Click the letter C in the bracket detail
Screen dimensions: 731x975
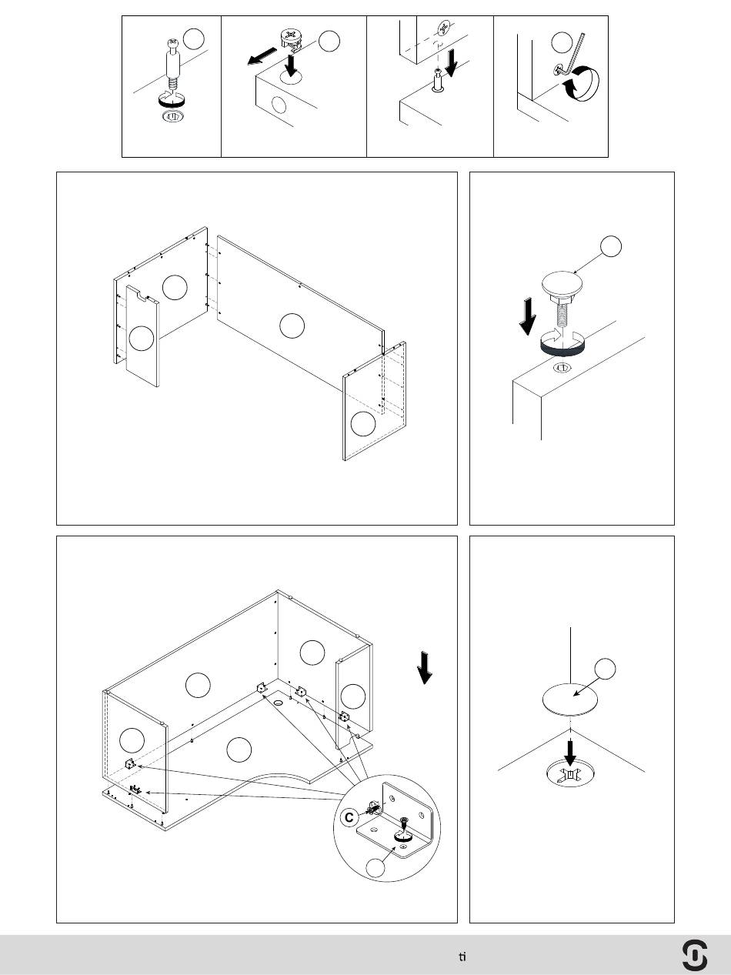pyautogui.click(x=349, y=818)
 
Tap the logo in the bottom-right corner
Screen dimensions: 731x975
pyautogui.click(x=695, y=954)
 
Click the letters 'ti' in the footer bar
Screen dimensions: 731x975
pyautogui.click(x=462, y=957)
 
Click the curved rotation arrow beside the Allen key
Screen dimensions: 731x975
pyautogui.click(x=582, y=84)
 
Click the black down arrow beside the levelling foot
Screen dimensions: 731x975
pyautogui.click(x=528, y=317)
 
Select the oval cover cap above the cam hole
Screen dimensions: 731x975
pyautogui.click(x=569, y=700)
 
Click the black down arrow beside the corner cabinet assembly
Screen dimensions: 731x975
pyautogui.click(x=425, y=668)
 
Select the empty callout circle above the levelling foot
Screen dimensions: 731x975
pyautogui.click(x=611, y=246)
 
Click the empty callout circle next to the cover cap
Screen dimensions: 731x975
pyautogui.click(x=605, y=669)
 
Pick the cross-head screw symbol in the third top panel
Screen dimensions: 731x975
pyautogui.click(x=444, y=28)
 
